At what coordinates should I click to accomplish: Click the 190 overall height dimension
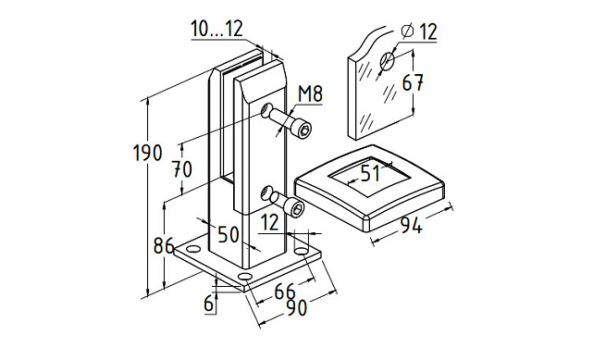click(x=148, y=153)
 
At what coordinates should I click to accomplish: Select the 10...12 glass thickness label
click(x=216, y=29)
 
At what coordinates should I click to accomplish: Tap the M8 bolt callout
click(x=310, y=94)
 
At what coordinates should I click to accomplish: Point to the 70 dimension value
click(x=182, y=169)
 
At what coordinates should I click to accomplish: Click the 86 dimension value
click(x=164, y=246)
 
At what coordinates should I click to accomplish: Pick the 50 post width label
click(x=229, y=234)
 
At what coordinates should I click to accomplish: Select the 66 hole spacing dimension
click(x=285, y=292)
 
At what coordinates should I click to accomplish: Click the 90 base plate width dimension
click(x=296, y=307)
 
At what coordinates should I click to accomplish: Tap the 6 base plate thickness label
click(x=209, y=304)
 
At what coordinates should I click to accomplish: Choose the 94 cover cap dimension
click(x=411, y=226)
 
